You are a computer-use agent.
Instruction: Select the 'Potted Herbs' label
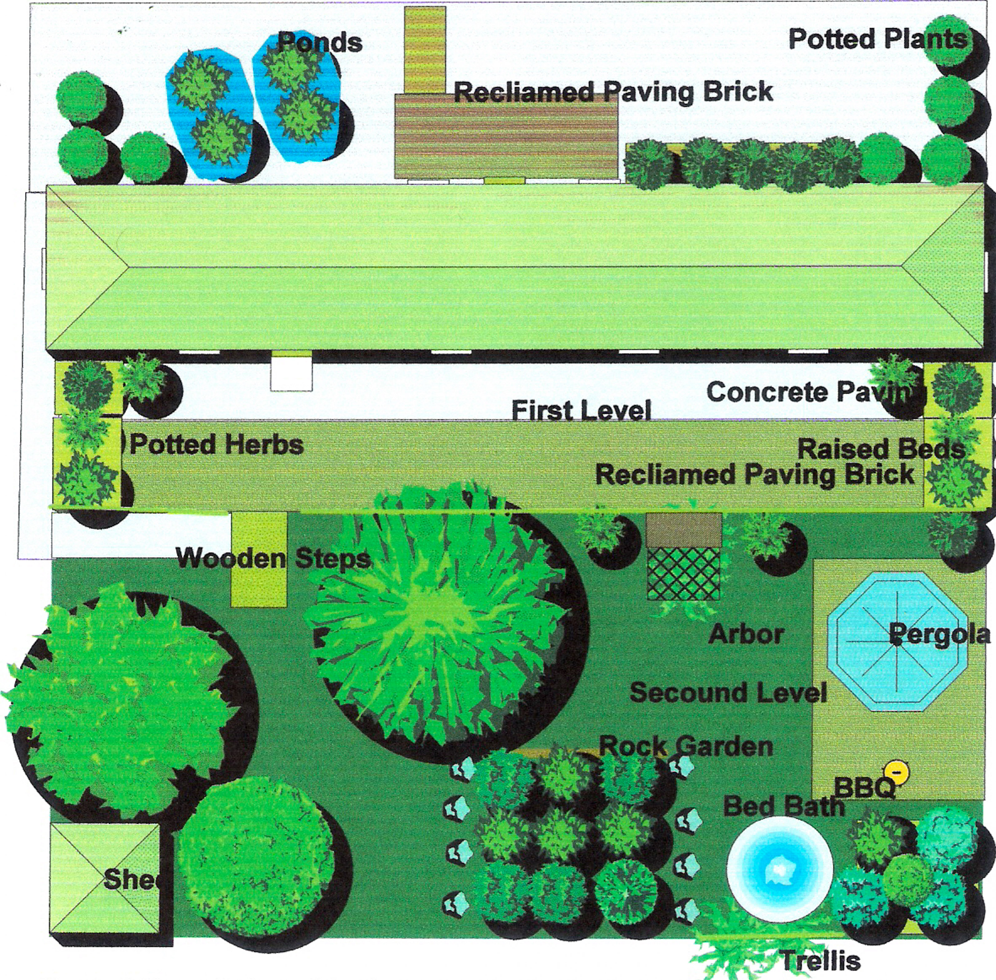coord(216,445)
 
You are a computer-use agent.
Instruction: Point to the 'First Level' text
coord(581,411)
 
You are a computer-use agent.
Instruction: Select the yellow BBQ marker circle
coord(897,773)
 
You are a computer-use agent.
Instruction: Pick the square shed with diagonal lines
coord(105,879)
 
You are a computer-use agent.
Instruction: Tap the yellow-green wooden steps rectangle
coord(258,559)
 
